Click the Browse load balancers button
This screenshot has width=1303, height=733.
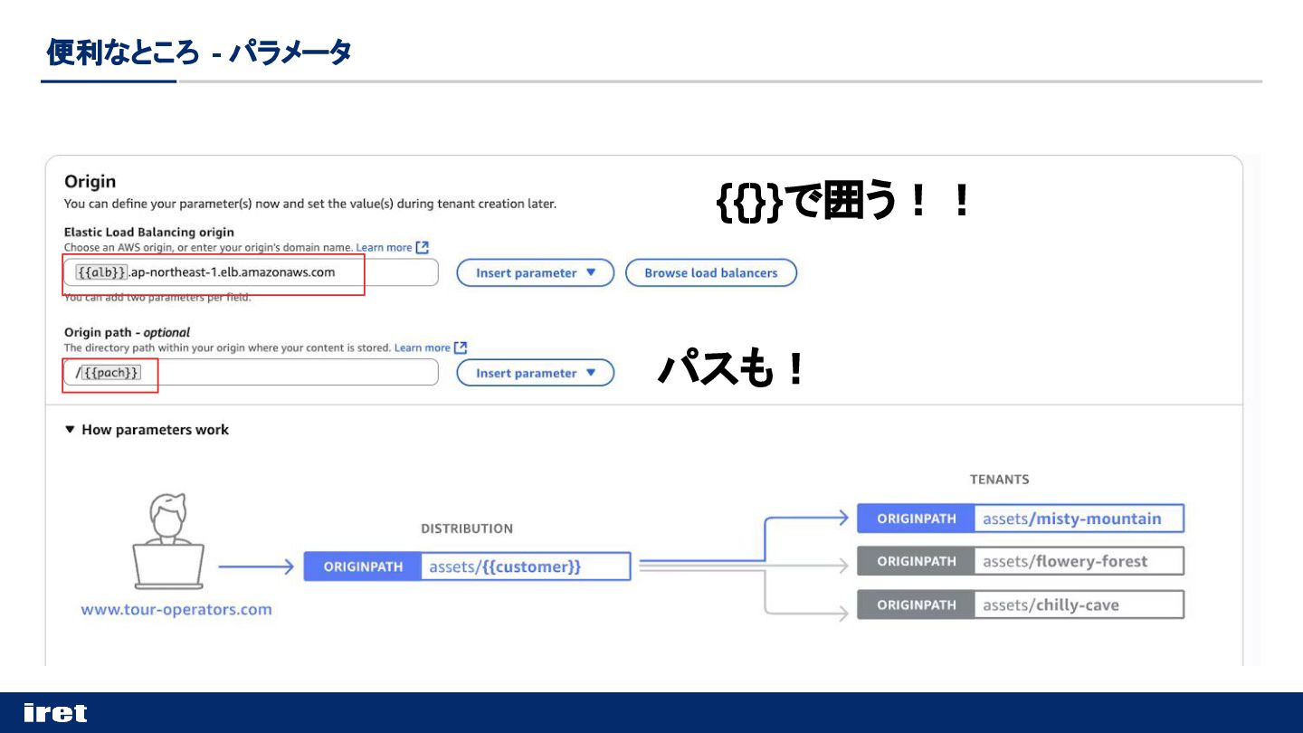(711, 272)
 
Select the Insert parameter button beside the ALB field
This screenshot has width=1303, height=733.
(535, 272)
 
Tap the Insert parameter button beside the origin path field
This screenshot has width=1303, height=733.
(535, 373)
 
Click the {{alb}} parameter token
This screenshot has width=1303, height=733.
(101, 272)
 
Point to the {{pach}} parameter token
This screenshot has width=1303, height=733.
(111, 373)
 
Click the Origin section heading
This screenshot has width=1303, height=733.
(90, 182)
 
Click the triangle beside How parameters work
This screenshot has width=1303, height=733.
(70, 430)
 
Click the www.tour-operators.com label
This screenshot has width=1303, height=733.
(176, 609)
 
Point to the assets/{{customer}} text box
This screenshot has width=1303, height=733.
(525, 566)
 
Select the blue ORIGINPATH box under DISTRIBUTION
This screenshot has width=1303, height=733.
(363, 566)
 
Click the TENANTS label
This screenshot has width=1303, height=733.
(999, 480)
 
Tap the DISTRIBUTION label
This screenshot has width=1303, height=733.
(467, 528)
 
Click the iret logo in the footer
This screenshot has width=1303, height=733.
(55, 713)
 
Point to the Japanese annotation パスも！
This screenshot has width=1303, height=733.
(731, 369)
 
